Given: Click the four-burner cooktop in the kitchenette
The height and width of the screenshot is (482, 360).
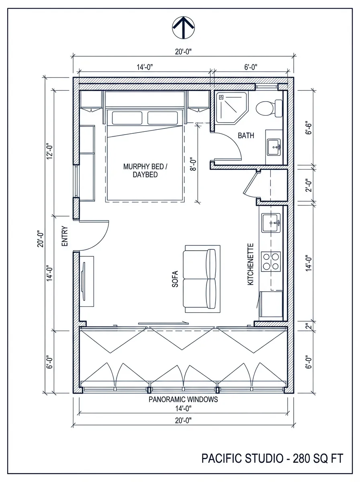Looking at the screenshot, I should pos(270,261).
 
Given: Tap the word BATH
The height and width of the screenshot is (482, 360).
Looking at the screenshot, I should pos(245,136).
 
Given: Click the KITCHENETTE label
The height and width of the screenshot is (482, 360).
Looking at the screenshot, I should pos(251,264).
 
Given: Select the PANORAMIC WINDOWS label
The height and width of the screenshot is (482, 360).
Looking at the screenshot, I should pos(183,399).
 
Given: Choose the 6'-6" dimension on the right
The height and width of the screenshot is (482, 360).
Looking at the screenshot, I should pos(309,127).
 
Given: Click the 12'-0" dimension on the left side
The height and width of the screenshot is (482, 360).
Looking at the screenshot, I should pos(50,150).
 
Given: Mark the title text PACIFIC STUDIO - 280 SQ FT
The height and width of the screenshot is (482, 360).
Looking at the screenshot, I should pos(272,458).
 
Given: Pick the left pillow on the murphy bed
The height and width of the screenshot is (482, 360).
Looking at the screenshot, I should pos(127,118).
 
